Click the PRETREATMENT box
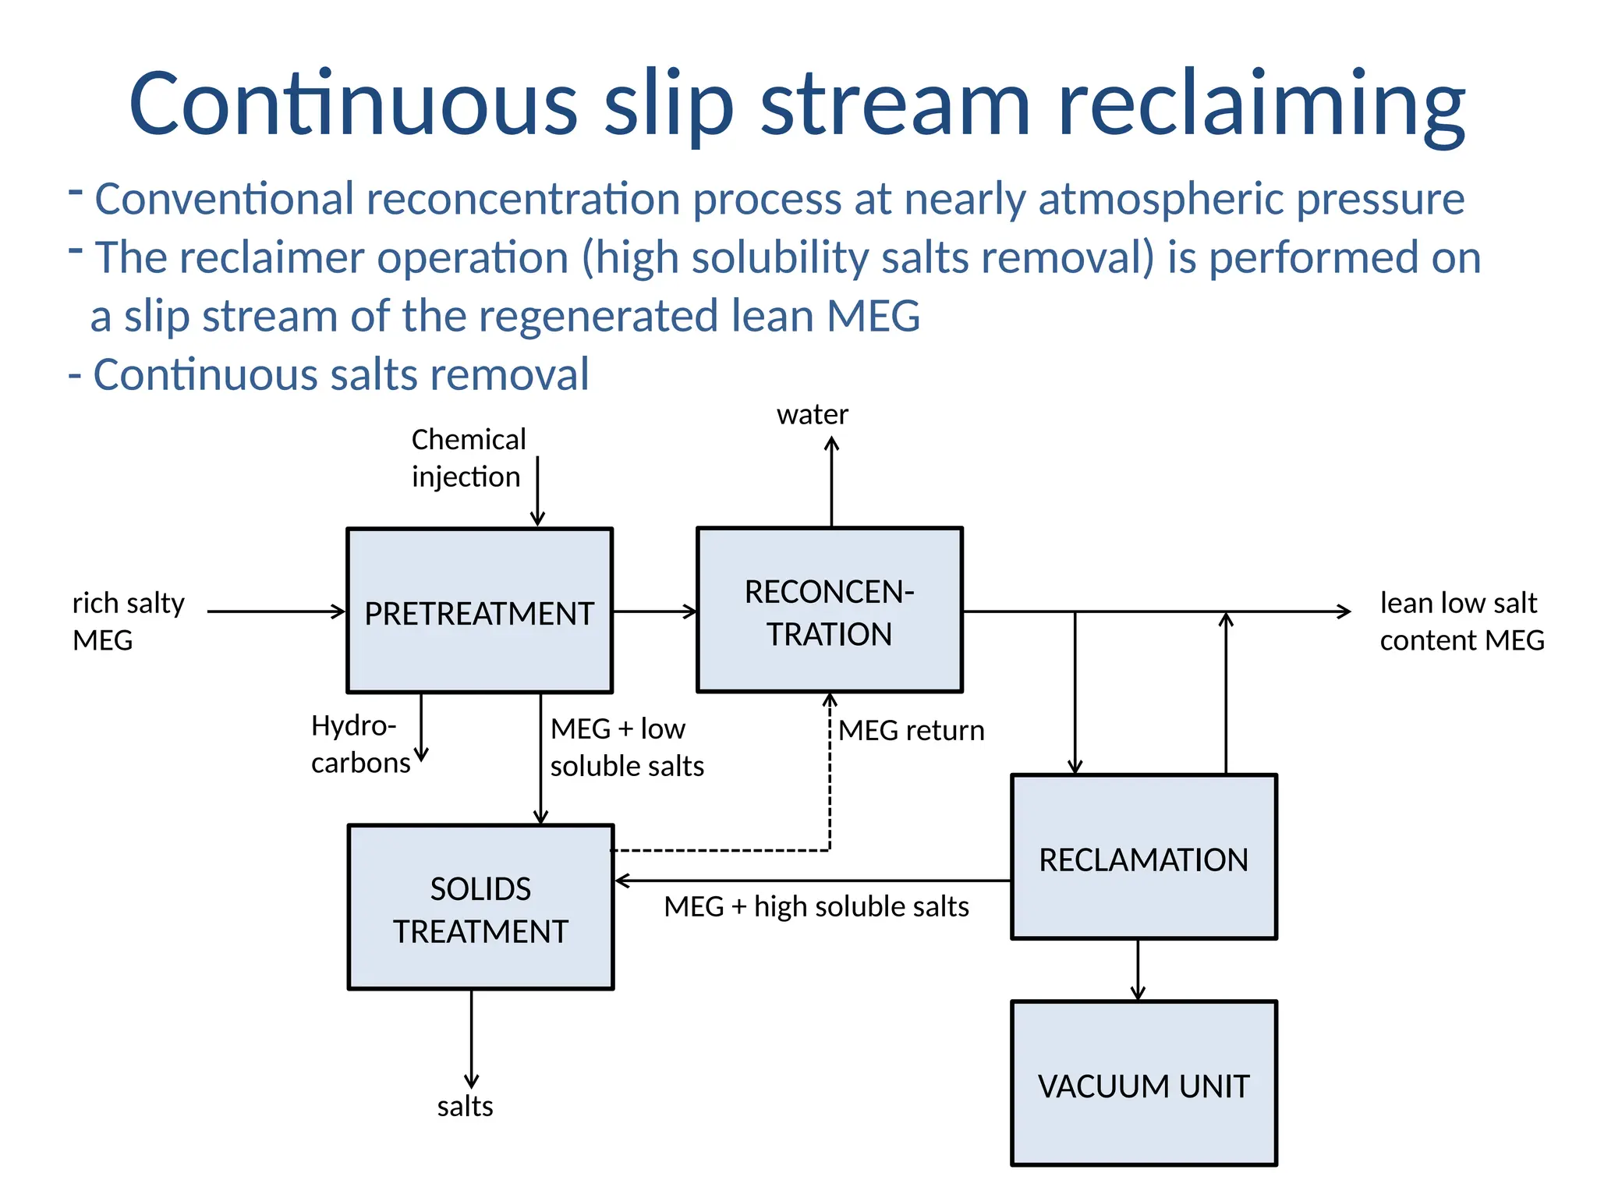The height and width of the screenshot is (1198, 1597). pyautogui.click(x=480, y=611)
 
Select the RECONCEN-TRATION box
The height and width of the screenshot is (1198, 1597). pyautogui.click(x=829, y=611)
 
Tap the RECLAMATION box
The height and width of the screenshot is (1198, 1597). pyautogui.click(x=1143, y=857)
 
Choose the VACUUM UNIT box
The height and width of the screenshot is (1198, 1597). pyautogui.click(x=1143, y=1083)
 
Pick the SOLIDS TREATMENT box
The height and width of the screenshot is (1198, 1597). pyautogui.click(x=480, y=908)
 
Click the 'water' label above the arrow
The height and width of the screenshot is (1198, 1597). pyautogui.click(x=812, y=414)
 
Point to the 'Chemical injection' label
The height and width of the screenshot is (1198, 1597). pyautogui.click(x=468, y=458)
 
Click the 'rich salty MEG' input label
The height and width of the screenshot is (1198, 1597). pyautogui.click(x=128, y=621)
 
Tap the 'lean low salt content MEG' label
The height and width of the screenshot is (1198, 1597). pyautogui.click(x=1461, y=621)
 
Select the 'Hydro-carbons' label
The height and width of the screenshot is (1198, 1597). pyautogui.click(x=359, y=744)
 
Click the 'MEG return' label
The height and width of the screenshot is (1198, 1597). pyautogui.click(x=911, y=731)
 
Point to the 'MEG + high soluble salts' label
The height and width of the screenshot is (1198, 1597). pyautogui.click(x=816, y=907)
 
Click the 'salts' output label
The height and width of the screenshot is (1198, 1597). pyautogui.click(x=465, y=1106)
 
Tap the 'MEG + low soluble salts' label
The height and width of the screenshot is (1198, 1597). pyautogui.click(x=626, y=747)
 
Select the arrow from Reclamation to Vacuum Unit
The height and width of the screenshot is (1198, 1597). pyautogui.click(x=1138, y=969)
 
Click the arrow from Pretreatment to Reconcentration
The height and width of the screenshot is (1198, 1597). pyautogui.click(x=654, y=611)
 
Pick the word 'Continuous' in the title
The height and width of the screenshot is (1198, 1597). pyautogui.click(x=352, y=105)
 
